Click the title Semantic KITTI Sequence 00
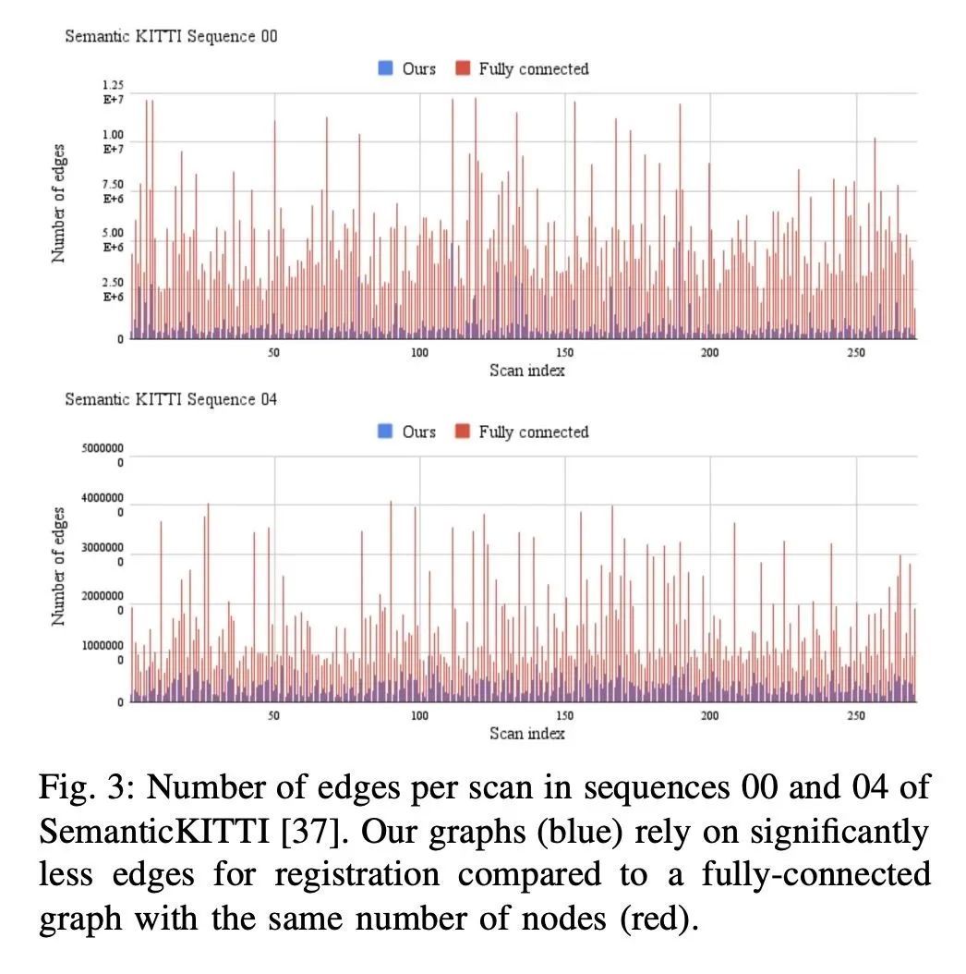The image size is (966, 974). [x=171, y=37]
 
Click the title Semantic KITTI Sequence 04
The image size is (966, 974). [x=171, y=399]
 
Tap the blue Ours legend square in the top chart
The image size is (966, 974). [x=386, y=68]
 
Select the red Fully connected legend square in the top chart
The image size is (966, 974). [x=463, y=68]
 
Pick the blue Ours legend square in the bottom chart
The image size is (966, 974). [x=386, y=432]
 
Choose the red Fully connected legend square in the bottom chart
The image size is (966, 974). [x=463, y=432]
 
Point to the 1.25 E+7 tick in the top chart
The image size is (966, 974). [x=113, y=91]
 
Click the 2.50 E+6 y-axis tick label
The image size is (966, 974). [x=113, y=289]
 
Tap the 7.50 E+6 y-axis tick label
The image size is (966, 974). [x=113, y=191]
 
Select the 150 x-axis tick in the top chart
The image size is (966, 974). [x=564, y=353]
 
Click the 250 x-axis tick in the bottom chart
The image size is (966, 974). [x=855, y=716]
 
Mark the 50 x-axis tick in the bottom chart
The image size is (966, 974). [x=274, y=716]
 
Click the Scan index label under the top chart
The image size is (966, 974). [x=526, y=371]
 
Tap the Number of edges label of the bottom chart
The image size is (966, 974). [x=59, y=566]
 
